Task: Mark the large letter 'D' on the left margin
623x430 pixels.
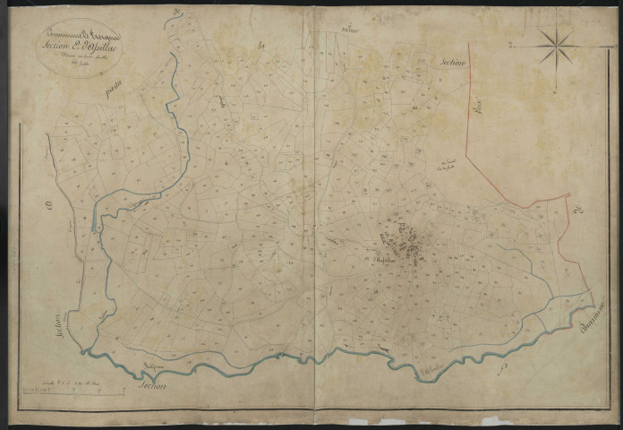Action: (x=48, y=208)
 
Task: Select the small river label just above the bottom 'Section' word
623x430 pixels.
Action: (x=158, y=363)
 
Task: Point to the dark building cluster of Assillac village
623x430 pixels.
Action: (x=414, y=244)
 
